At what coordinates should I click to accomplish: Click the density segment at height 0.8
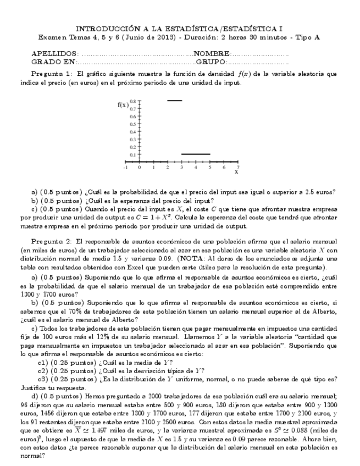[x=174, y=101]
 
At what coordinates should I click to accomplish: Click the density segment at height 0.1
[x=196, y=154]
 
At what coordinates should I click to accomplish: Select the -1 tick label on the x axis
[x=126, y=167]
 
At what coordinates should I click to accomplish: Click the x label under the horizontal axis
[x=236, y=173]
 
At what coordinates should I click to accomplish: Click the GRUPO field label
[x=209, y=63]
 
